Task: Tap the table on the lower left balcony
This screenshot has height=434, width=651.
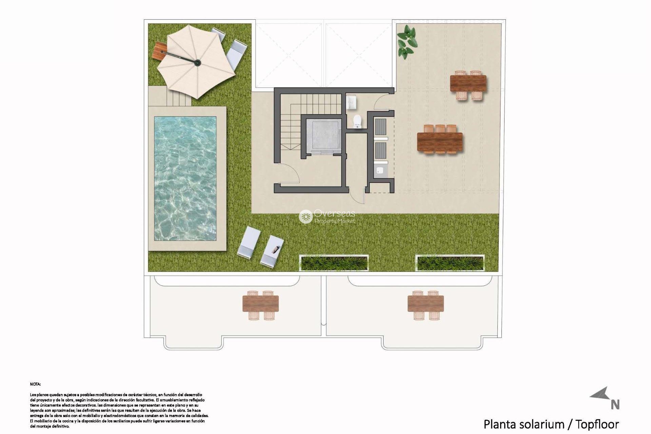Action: point(260,304)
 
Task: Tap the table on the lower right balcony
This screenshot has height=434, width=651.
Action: point(426,304)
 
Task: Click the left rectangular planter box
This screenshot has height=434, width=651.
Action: point(334,263)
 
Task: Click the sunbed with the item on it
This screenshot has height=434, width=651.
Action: point(272,251)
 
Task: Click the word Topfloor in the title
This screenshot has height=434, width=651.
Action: point(597,424)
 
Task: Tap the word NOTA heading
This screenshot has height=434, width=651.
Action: point(35,384)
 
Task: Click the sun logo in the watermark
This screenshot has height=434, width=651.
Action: point(305,216)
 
